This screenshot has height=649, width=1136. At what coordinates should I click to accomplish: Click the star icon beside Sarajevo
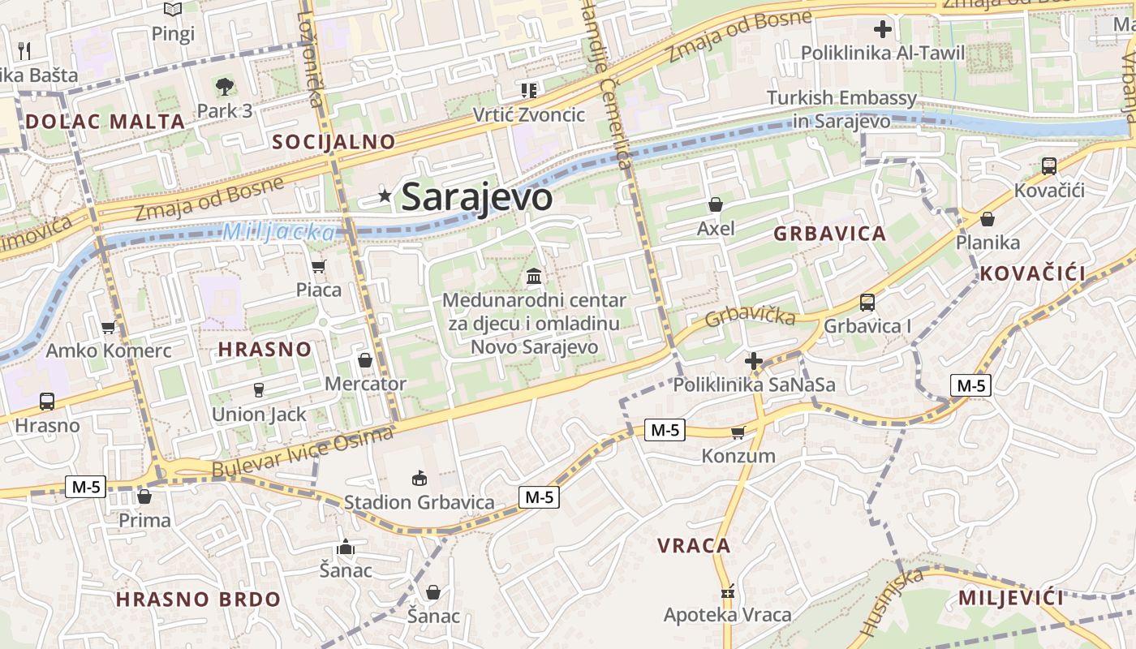click(385, 195)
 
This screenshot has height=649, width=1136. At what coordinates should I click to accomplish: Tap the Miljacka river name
click(278, 232)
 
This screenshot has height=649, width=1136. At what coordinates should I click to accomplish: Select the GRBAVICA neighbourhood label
click(829, 234)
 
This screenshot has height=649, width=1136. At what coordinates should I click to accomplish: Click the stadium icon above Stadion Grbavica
click(419, 478)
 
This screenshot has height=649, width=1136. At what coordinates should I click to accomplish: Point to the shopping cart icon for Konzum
click(738, 432)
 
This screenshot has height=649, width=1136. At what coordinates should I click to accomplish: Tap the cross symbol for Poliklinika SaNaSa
click(754, 360)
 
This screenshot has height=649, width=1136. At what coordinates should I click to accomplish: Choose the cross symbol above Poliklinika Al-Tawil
click(882, 30)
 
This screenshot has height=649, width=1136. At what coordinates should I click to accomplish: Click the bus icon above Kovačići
click(1048, 166)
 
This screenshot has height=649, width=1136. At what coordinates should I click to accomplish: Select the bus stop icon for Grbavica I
click(867, 303)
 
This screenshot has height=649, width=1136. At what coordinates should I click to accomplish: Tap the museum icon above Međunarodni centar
click(534, 277)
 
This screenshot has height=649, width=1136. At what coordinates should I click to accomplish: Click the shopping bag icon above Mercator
click(365, 359)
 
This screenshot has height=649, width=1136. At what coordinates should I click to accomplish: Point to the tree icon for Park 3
click(224, 85)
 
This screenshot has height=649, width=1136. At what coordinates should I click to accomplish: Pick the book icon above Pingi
click(173, 10)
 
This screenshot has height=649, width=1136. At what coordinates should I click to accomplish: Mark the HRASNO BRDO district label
click(198, 600)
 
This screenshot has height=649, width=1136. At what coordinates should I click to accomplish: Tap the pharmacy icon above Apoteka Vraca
click(727, 591)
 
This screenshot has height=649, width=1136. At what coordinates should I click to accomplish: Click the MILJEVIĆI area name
click(1010, 599)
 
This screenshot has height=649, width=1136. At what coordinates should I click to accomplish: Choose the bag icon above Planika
click(988, 219)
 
